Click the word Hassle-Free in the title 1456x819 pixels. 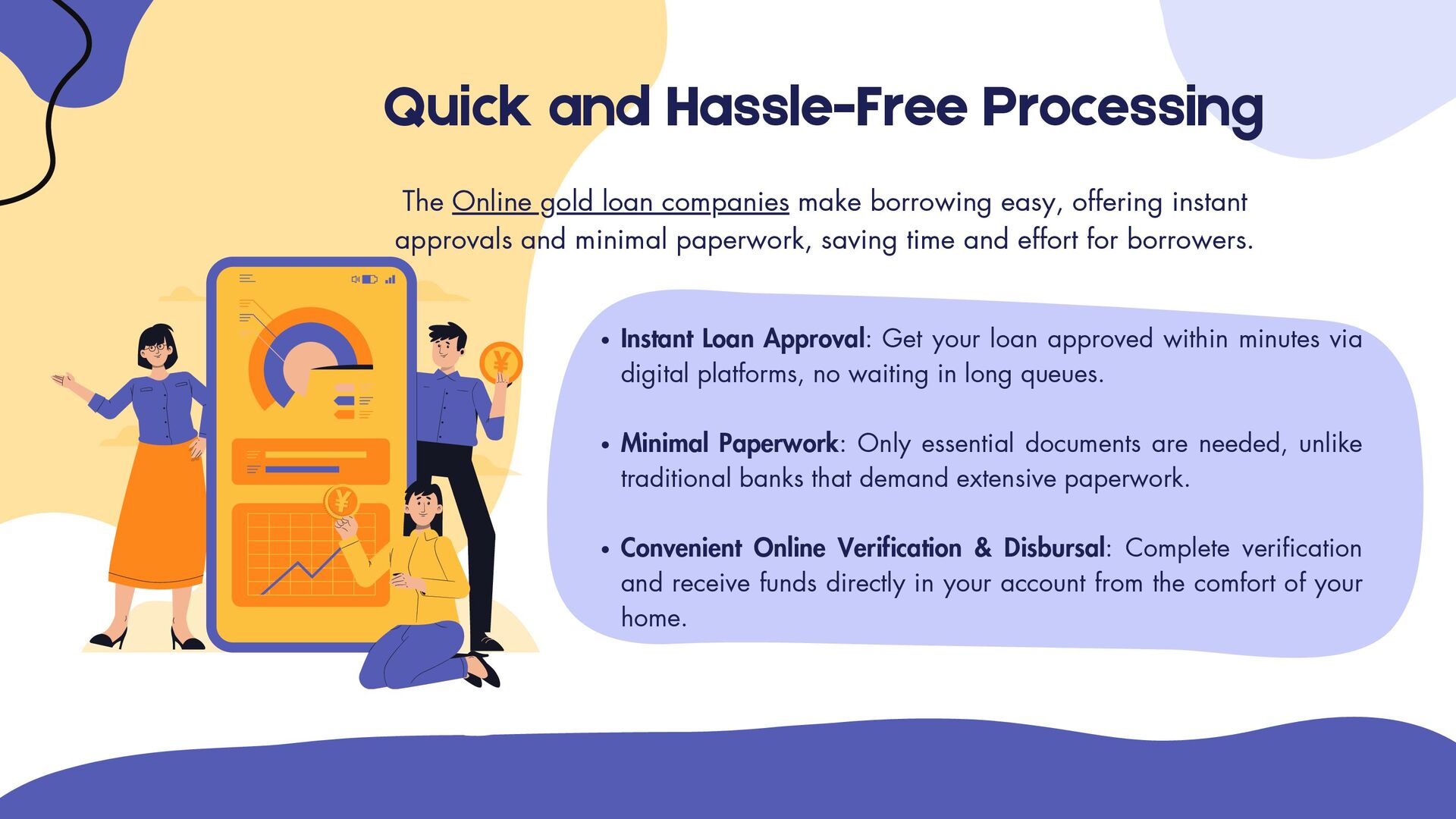(816, 107)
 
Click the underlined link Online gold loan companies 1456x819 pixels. (620, 202)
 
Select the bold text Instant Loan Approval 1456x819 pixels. (742, 338)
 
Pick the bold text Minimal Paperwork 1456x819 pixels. (729, 443)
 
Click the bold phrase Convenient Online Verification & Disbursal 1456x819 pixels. (862, 548)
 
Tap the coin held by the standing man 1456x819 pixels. (500, 362)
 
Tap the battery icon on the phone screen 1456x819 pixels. (369, 279)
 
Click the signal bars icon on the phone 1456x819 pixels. (390, 279)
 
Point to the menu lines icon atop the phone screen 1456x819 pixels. (247, 278)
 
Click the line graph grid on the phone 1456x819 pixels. (303, 554)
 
